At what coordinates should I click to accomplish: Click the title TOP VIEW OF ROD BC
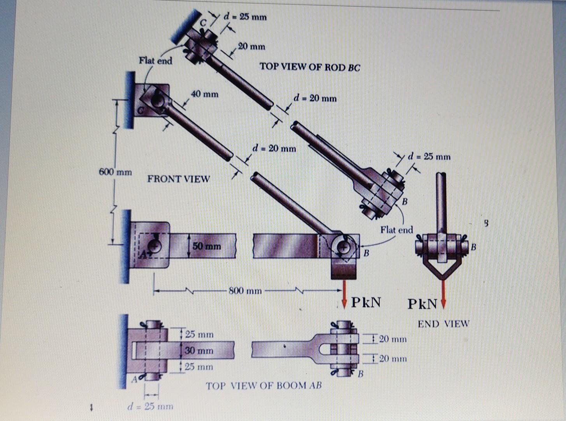pos(310,67)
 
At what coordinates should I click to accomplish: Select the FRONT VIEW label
pos(178,179)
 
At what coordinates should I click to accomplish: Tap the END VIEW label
pos(443,324)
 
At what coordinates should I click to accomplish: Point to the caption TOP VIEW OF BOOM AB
pos(264,386)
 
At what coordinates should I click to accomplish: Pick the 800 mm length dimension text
pos(245,290)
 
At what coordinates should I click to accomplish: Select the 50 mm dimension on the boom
pos(206,246)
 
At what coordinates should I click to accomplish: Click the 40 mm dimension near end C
pos(204,94)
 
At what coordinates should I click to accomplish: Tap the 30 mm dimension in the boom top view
pos(199,350)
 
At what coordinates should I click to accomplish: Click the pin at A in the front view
pos(155,246)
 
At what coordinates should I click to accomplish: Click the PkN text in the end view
pos(422,304)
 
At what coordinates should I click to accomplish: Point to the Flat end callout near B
pos(396,230)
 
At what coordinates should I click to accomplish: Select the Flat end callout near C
pos(155,60)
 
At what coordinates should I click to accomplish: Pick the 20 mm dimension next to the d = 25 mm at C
pos(251,46)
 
